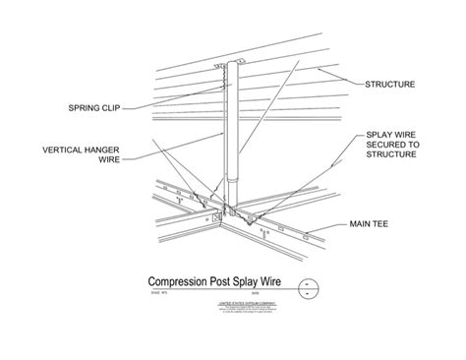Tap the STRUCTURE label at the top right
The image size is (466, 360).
[390, 85]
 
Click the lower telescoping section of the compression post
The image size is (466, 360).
[232, 192]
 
